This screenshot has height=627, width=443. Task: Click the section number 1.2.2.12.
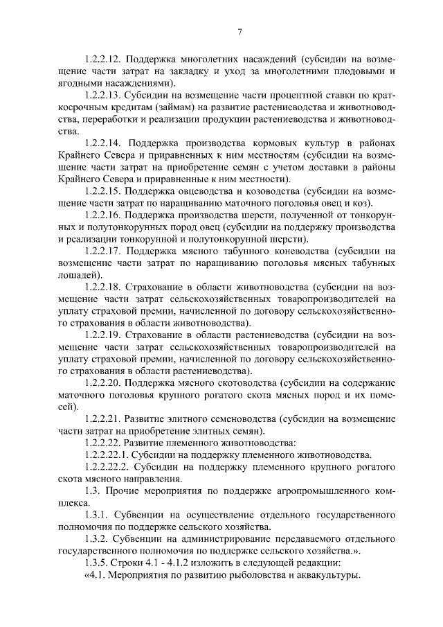[x=102, y=58]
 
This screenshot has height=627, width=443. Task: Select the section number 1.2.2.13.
[x=102, y=96]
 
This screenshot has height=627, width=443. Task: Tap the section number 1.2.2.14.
[x=102, y=145]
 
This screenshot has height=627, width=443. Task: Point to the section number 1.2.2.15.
[x=102, y=191]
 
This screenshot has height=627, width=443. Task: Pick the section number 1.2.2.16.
[x=102, y=215]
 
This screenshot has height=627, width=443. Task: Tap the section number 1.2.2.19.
[x=102, y=335]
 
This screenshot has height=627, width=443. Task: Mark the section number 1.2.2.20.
[x=102, y=382]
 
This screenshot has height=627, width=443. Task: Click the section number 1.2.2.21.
[x=102, y=418]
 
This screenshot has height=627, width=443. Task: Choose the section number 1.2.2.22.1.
[x=107, y=455]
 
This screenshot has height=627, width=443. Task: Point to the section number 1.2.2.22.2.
[x=108, y=467]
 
